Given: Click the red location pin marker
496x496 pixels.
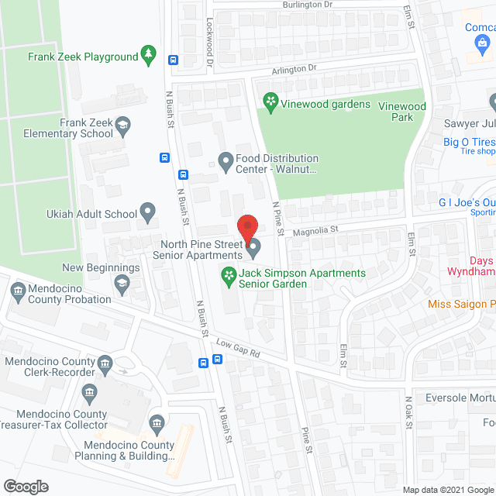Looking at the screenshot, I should (x=246, y=226).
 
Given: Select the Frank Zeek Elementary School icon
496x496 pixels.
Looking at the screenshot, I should (x=122, y=124).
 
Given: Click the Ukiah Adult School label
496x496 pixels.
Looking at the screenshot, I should (x=99, y=214).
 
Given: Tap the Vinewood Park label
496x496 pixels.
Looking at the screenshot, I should (x=401, y=112).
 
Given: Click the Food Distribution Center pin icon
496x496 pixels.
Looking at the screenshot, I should (x=226, y=161).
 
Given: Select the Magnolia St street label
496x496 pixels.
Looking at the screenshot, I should (x=315, y=229).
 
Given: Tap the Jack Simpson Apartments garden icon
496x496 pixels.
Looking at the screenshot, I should (x=229, y=274).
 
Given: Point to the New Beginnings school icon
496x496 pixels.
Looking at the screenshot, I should (x=122, y=285).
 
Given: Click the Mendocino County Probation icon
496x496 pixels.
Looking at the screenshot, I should (x=18, y=291).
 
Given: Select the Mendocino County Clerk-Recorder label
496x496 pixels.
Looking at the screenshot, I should (x=53, y=367).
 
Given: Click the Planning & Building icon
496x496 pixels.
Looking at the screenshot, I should (x=157, y=423).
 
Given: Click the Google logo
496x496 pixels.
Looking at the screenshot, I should (x=25, y=486).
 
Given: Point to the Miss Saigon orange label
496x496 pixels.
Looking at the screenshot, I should (x=461, y=305).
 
